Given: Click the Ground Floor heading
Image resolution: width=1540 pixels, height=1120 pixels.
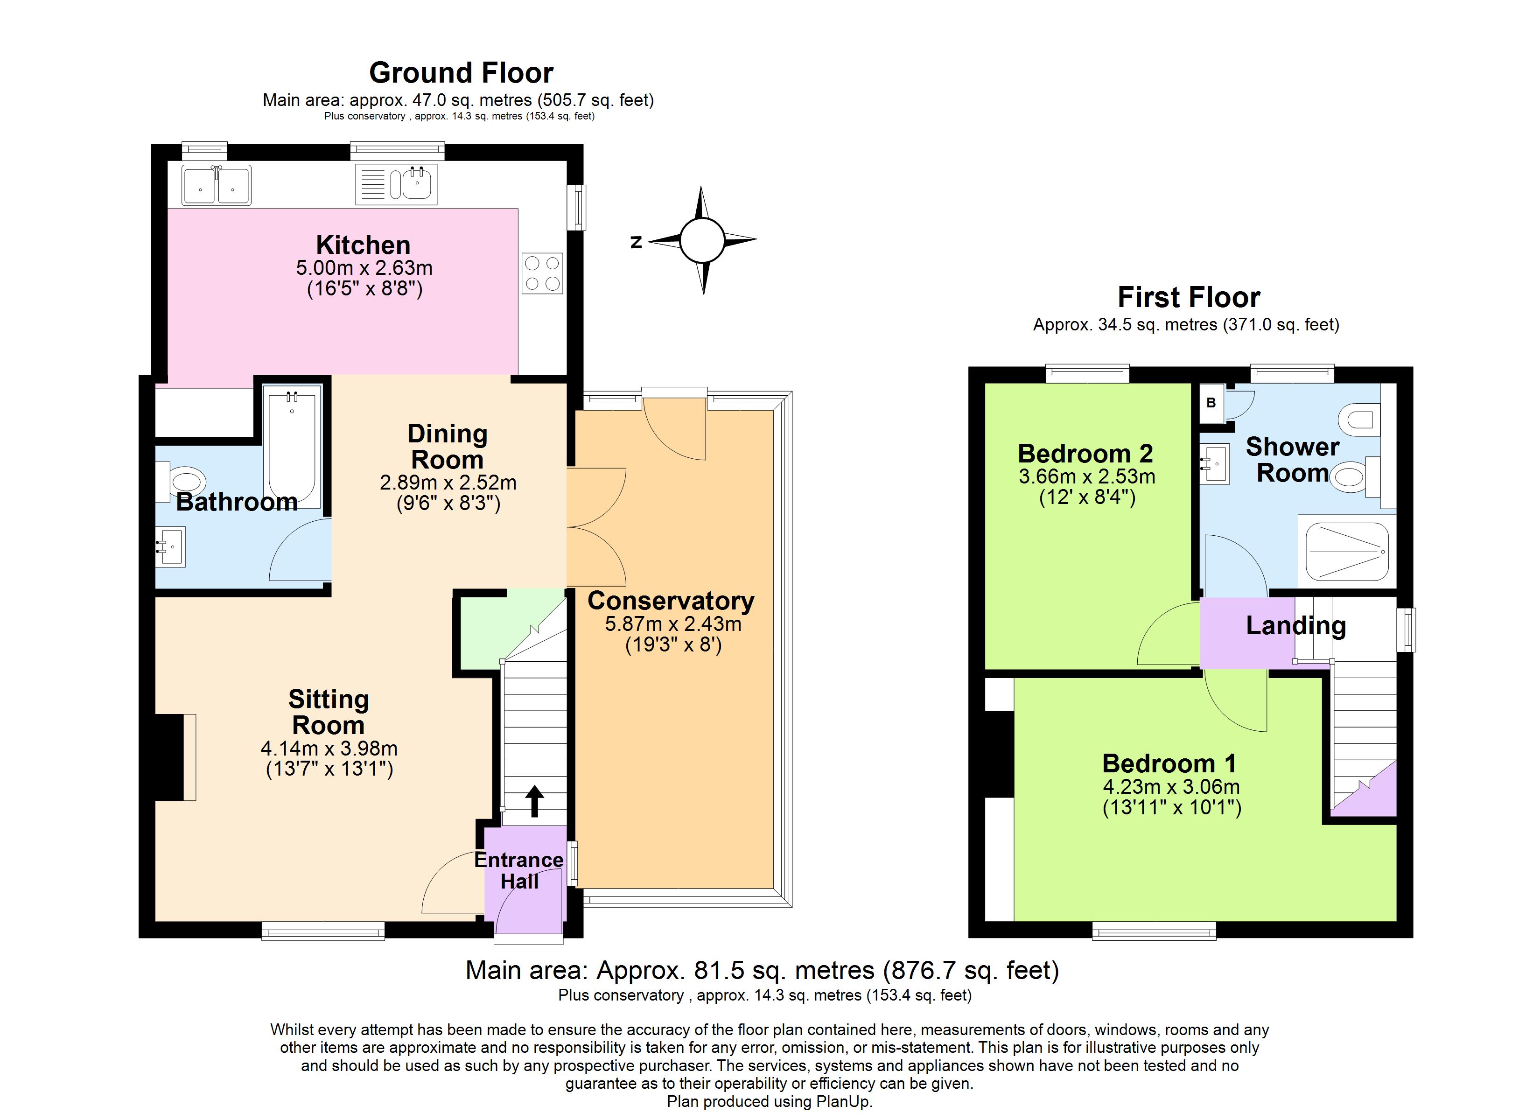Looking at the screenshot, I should click(461, 73).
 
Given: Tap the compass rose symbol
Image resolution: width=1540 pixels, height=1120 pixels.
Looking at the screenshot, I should click(702, 240).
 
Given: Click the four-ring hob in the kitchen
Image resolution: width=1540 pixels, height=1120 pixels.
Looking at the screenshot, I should click(542, 273).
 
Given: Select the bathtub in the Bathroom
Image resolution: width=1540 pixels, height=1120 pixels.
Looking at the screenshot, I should click(292, 448).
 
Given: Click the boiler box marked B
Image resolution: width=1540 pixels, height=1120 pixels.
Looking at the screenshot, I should click(1211, 403).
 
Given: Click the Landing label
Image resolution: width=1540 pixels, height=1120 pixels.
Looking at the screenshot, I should click(1295, 625).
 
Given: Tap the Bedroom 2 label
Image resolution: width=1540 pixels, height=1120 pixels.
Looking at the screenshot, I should click(1085, 453).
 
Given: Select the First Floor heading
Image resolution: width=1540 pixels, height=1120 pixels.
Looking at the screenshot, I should click(1188, 297).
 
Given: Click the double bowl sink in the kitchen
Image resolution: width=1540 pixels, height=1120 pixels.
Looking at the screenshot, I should click(216, 185).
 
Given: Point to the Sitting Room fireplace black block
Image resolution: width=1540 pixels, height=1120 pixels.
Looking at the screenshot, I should click(168, 756).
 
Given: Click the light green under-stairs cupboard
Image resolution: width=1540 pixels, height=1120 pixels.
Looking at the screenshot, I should click(489, 628).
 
